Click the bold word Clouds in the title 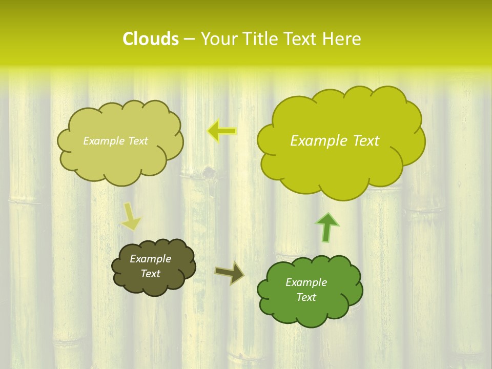150,39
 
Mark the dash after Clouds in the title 189,39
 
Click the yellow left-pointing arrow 222,131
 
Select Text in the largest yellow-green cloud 363,141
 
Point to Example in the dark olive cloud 150,259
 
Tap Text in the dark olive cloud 150,274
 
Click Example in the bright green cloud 306,282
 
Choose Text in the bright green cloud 306,297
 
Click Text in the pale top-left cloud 137,141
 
